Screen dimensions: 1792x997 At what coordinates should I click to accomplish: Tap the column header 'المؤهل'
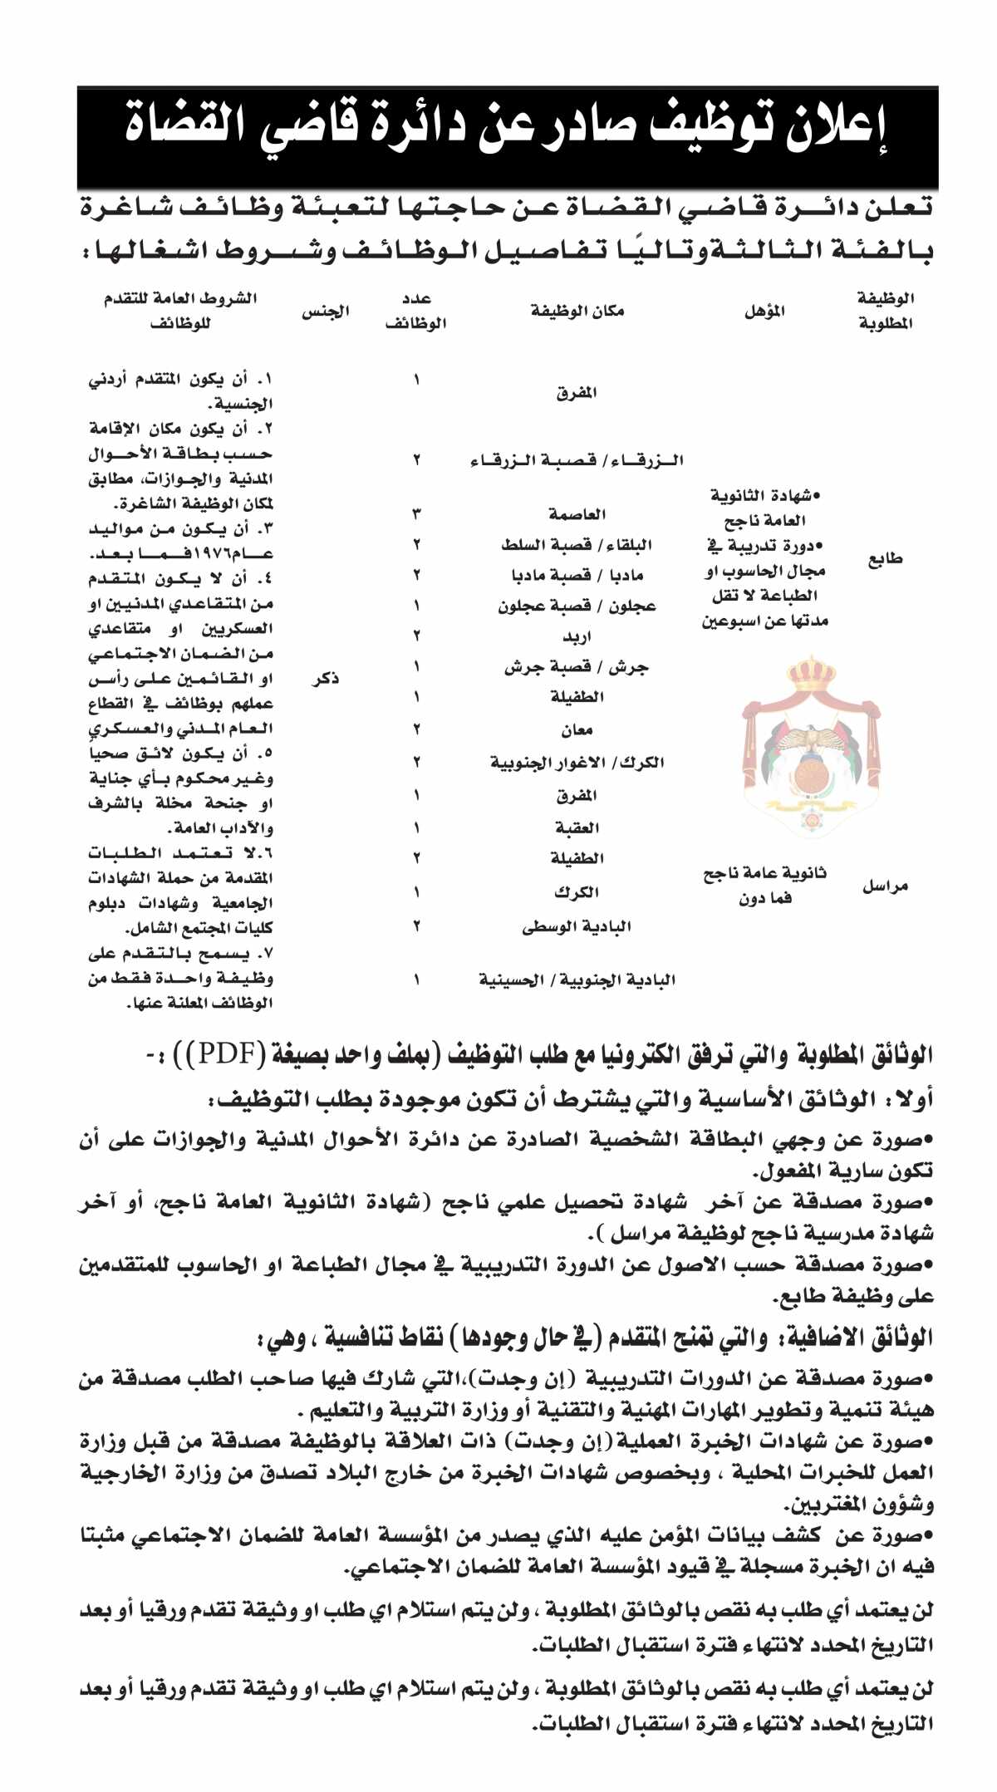(764, 312)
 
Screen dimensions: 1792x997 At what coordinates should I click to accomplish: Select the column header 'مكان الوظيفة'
(577, 312)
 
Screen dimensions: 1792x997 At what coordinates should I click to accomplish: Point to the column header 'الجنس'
(325, 312)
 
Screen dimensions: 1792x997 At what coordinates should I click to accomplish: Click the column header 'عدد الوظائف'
(416, 312)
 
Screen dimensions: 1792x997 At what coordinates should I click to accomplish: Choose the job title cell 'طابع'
(885, 559)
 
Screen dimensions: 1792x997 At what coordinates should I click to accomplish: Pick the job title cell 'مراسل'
(885, 886)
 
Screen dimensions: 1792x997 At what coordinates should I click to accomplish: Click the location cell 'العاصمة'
(577, 515)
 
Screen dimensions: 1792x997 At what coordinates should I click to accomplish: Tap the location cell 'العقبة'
(577, 827)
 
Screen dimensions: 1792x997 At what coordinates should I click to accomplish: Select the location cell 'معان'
(577, 730)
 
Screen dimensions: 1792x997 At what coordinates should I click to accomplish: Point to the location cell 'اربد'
(577, 637)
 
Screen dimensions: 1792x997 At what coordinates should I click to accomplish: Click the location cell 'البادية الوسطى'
(577, 926)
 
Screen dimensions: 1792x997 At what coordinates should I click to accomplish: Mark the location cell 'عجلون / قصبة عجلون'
(577, 606)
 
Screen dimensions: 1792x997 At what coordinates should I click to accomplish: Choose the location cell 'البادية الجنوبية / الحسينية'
(577, 980)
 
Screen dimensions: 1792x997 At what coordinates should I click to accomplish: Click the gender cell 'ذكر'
(325, 680)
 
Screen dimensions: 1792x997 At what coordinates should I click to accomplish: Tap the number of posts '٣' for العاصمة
(416, 515)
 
